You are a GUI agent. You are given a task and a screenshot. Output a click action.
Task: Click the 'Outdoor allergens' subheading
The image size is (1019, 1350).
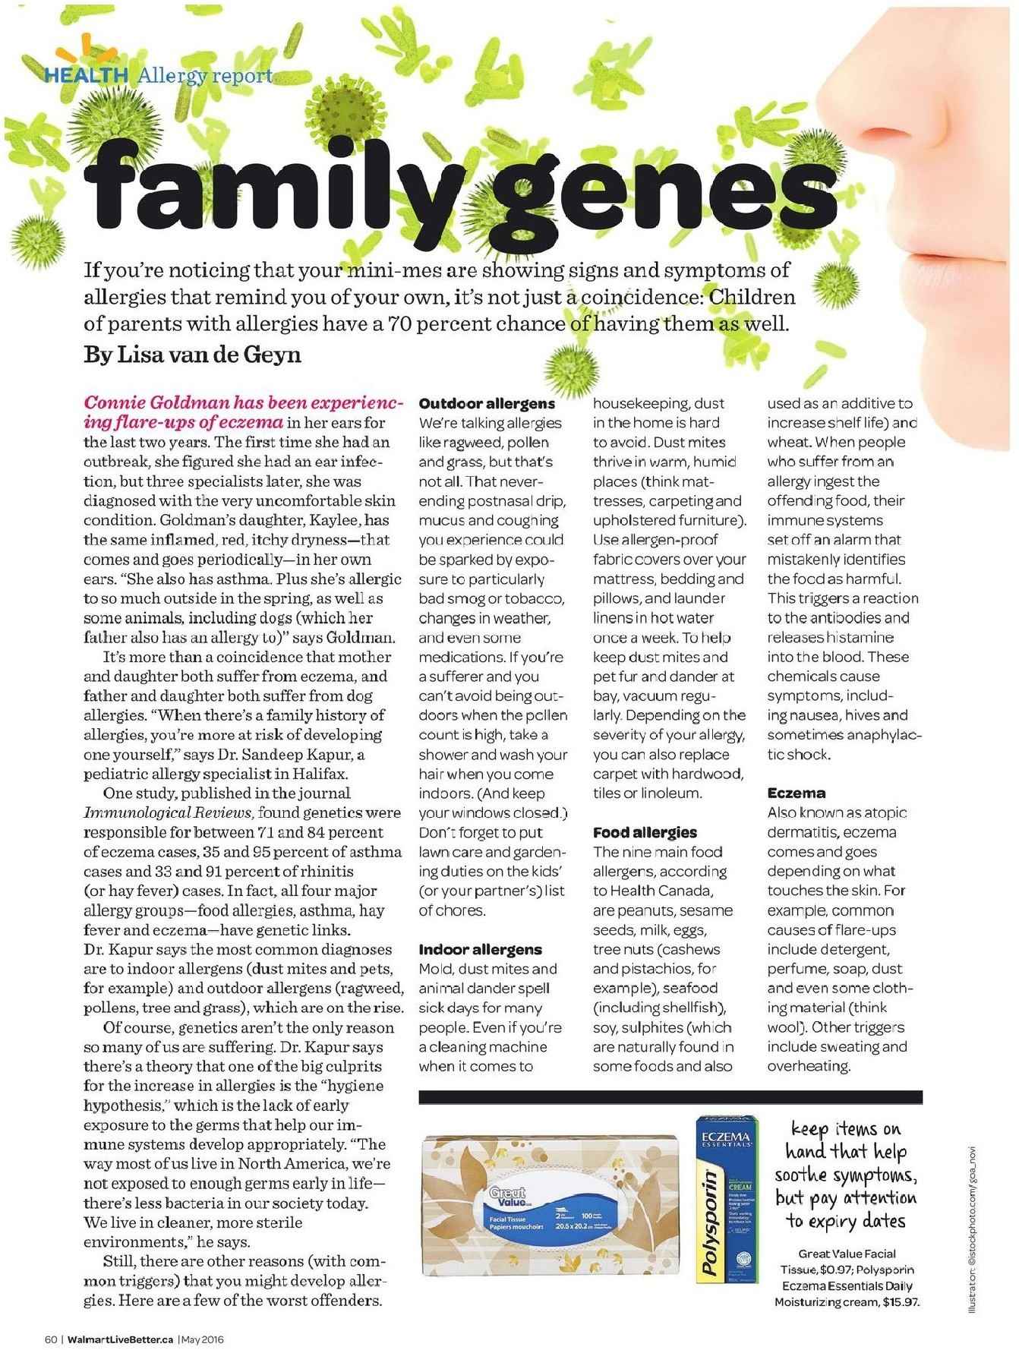(x=487, y=403)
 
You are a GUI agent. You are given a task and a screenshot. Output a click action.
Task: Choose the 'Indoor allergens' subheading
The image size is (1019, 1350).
(x=481, y=949)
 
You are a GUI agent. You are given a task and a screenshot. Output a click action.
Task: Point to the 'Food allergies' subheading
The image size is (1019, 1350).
(x=645, y=832)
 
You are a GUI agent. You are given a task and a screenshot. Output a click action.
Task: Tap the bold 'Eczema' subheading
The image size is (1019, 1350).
(x=796, y=793)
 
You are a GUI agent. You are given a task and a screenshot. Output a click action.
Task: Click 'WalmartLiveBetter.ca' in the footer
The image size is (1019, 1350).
(x=120, y=1339)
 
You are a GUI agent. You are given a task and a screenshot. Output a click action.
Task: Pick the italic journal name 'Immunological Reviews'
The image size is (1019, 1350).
(x=168, y=812)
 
